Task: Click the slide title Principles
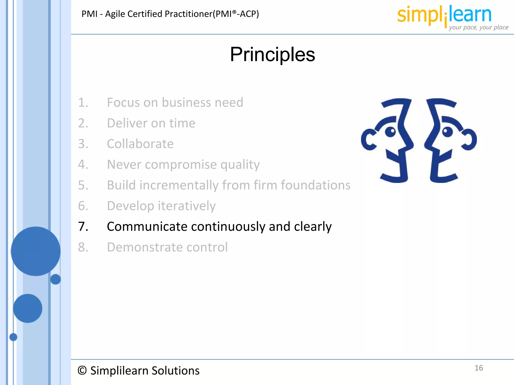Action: tap(272, 54)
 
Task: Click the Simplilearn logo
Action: tap(444, 15)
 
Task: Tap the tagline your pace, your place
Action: tap(478, 27)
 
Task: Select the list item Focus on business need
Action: tap(175, 102)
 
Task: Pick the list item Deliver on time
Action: tap(151, 123)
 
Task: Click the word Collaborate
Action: tap(140, 144)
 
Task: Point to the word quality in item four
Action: tap(240, 165)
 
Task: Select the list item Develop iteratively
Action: tap(161, 206)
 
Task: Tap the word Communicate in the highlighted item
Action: tap(147, 227)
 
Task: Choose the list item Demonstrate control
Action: tap(167, 247)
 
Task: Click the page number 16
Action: tap(479, 368)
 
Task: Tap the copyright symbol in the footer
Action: tap(82, 370)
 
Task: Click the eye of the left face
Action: tap(390, 132)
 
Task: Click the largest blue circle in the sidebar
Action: tap(36, 251)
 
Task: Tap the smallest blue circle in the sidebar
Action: tap(13, 337)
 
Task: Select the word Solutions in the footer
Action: tap(175, 370)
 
